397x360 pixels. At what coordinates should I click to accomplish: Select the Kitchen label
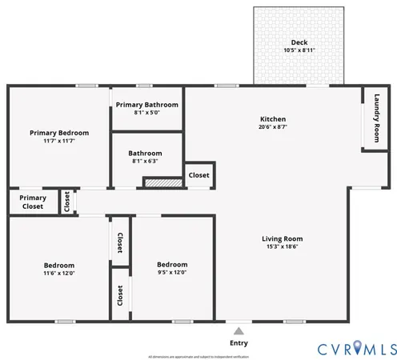click(272, 118)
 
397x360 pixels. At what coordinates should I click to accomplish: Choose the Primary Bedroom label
click(59, 133)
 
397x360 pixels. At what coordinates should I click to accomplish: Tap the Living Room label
click(283, 238)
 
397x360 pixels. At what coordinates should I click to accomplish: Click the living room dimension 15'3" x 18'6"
click(283, 247)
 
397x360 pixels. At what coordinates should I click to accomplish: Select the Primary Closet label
click(33, 202)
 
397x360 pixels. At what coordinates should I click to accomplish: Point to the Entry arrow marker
click(238, 328)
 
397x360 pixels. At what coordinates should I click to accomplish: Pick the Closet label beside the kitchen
click(198, 174)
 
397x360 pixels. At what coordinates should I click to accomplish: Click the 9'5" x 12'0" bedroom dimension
click(172, 273)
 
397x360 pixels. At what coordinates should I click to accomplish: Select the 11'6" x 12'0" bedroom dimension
click(59, 274)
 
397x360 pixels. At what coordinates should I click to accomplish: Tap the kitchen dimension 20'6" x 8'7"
click(272, 126)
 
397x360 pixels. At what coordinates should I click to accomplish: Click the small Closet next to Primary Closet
click(67, 202)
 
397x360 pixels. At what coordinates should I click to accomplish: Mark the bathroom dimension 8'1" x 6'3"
click(145, 161)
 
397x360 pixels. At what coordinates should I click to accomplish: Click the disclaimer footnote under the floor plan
click(198, 355)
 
